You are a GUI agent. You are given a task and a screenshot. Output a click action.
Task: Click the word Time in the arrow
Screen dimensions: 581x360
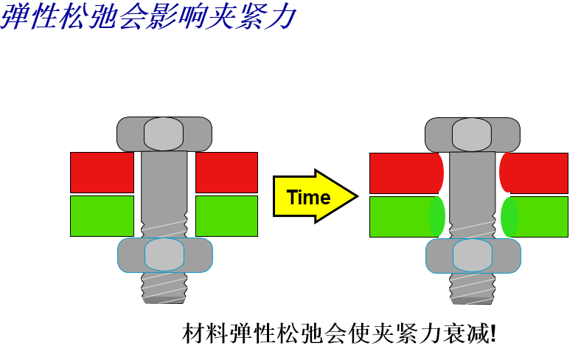tap(308, 197)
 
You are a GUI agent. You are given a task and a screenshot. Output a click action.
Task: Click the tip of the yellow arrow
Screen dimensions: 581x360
tap(358, 196)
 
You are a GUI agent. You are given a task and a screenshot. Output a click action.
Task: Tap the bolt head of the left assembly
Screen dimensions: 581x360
tap(164, 134)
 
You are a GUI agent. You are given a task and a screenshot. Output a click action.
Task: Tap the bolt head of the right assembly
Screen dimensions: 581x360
tap(473, 134)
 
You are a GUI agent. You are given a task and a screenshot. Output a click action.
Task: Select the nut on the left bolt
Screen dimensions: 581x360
tap(165, 255)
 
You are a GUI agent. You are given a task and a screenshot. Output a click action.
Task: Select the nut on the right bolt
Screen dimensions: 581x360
tap(473, 256)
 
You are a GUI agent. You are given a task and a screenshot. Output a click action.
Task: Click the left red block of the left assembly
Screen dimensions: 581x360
tap(102, 173)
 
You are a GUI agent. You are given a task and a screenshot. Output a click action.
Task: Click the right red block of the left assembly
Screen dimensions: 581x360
tap(227, 173)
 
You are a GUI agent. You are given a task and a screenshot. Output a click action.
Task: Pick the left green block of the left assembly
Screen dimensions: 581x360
tap(102, 216)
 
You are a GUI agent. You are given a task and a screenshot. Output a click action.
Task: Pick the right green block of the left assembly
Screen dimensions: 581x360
tap(227, 216)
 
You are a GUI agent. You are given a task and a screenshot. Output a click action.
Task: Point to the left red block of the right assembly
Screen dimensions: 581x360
tap(406, 173)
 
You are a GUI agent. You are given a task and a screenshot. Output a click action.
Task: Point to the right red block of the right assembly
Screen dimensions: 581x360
tap(534, 173)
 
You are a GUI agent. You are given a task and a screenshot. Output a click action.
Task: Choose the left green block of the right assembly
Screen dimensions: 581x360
tap(407, 217)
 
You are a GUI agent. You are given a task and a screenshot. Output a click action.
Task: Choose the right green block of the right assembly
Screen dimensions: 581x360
tap(535, 217)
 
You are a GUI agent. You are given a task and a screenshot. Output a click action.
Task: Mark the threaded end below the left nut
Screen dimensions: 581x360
tap(164, 288)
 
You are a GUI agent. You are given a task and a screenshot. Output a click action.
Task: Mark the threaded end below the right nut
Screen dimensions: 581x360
tap(473, 289)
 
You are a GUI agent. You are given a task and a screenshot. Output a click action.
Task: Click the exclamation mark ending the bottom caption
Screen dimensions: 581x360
tap(493, 333)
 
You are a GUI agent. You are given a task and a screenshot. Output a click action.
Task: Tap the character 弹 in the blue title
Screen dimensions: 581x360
tap(15, 16)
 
